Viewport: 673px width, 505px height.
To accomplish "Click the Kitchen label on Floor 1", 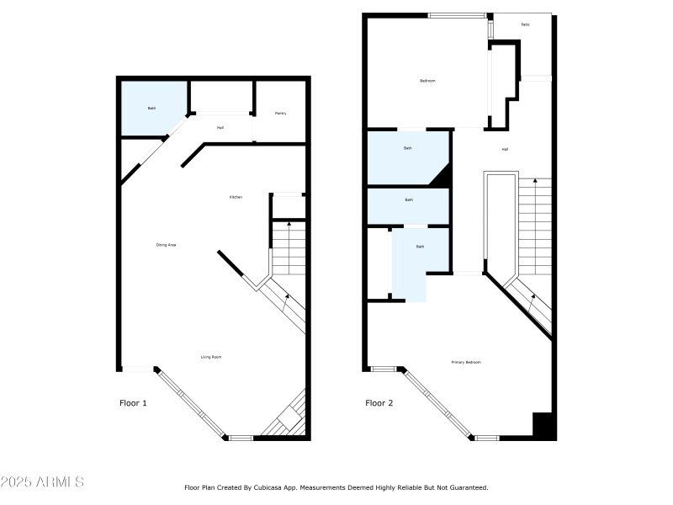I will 236,197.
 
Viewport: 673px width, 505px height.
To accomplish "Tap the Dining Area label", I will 166,245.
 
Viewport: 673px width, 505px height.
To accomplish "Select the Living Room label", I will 211,357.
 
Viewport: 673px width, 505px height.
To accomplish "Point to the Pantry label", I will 280,113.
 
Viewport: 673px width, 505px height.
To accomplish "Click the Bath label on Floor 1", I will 152,108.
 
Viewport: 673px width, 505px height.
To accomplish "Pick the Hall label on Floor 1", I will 220,128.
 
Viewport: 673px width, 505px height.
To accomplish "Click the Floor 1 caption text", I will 133,403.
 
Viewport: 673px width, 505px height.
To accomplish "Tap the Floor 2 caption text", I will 379,403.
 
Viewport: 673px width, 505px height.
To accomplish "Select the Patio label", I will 525,24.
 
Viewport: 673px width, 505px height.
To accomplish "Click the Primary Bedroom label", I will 466,362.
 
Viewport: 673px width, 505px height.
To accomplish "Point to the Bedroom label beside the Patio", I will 427,81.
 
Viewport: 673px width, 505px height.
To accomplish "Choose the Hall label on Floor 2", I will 505,149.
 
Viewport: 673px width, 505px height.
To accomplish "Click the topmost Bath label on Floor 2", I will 408,148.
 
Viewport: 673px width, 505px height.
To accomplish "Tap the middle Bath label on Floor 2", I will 409,199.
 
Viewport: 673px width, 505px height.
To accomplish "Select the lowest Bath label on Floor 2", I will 420,247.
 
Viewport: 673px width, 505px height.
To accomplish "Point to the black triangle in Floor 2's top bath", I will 442,176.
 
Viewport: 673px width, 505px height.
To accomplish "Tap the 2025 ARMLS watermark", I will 42,482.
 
